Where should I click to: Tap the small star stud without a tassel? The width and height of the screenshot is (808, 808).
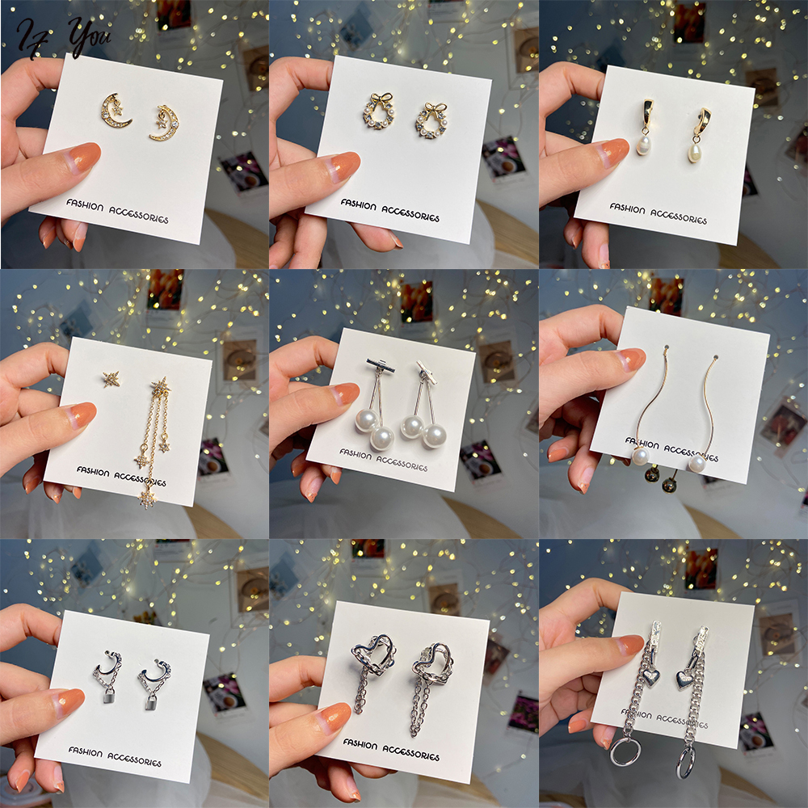[111, 377]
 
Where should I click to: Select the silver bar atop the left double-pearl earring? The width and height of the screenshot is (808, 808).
[380, 366]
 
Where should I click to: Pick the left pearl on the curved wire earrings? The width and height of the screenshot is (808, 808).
[641, 457]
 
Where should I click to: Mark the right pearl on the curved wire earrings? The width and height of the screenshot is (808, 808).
[697, 463]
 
